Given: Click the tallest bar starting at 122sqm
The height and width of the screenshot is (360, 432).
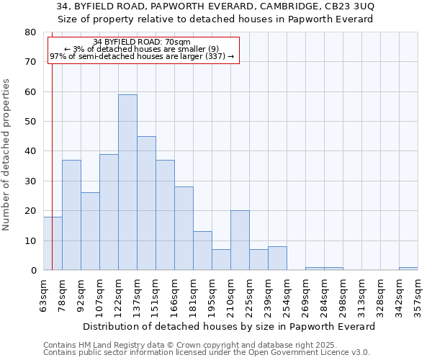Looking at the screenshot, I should [127, 182].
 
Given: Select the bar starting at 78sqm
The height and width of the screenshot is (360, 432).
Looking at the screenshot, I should [71, 215].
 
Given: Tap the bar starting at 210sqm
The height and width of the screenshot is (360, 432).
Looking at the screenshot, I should [240, 240].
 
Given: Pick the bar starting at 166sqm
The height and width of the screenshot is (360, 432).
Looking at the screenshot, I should [184, 228].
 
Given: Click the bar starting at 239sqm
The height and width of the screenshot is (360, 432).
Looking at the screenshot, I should [277, 258].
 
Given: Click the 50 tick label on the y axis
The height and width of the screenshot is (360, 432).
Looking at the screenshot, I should [31, 122].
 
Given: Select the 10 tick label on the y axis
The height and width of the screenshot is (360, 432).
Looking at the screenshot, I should [31, 240].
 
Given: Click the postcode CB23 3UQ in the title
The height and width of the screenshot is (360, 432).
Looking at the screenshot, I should [349, 6].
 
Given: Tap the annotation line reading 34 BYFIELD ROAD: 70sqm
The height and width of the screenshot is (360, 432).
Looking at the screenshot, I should [142, 42].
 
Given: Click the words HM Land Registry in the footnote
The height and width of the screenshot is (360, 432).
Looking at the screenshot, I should [104, 345].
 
